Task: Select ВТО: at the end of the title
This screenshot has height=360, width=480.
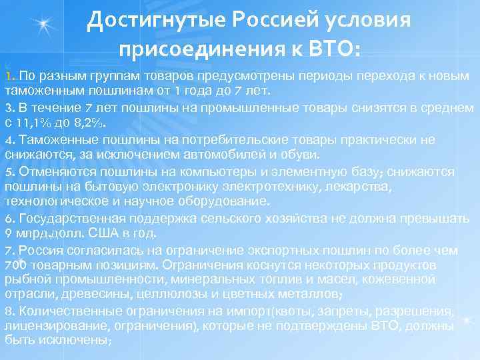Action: tap(336, 49)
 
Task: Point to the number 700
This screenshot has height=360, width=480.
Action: tap(15, 265)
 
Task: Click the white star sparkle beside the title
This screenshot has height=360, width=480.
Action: tap(45, 25)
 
